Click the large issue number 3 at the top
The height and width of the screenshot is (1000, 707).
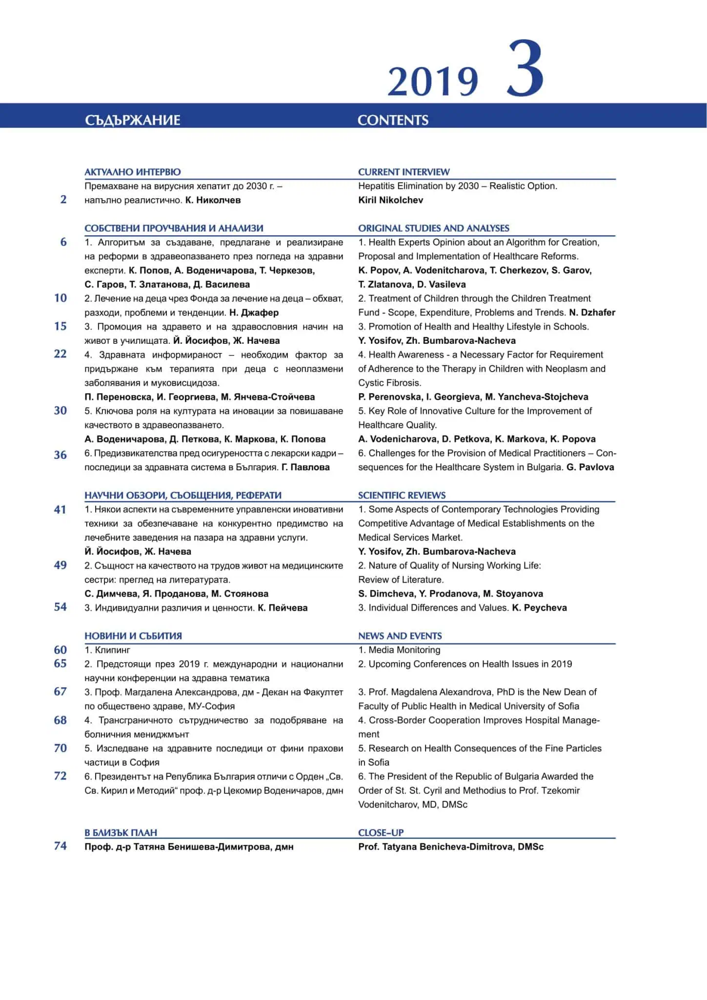pyautogui.click(x=525, y=69)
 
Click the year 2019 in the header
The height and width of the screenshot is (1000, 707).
pyautogui.click(x=433, y=81)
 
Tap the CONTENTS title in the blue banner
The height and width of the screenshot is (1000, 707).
pyautogui.click(x=393, y=120)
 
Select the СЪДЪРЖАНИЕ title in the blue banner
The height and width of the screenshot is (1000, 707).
pyautogui.click(x=132, y=120)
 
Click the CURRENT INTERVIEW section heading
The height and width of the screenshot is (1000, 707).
pyautogui.click(x=404, y=172)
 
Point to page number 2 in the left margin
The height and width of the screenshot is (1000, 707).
pyautogui.click(x=63, y=199)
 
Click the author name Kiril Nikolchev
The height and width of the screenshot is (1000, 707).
pyautogui.click(x=390, y=200)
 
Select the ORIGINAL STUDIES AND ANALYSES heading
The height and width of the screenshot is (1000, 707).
pyautogui.click(x=433, y=228)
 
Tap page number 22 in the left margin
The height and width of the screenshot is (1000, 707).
pyautogui.click(x=61, y=354)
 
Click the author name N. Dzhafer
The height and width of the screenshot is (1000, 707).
pyautogui.click(x=592, y=312)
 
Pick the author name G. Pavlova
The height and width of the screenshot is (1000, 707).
pyautogui.click(x=590, y=467)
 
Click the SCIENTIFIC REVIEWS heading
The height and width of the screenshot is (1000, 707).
pyautogui.click(x=402, y=495)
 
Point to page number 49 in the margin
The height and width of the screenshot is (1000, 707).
pyautogui.click(x=61, y=565)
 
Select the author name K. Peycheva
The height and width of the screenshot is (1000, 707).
pyautogui.click(x=539, y=608)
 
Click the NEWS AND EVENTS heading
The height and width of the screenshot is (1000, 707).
pyautogui.click(x=400, y=636)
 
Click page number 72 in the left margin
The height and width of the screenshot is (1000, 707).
pyautogui.click(x=61, y=776)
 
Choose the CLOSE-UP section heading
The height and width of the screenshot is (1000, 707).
pyautogui.click(x=381, y=833)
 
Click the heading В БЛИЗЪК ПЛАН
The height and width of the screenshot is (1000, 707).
pyautogui.click(x=121, y=833)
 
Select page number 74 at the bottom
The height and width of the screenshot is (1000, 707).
pyautogui.click(x=61, y=846)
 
